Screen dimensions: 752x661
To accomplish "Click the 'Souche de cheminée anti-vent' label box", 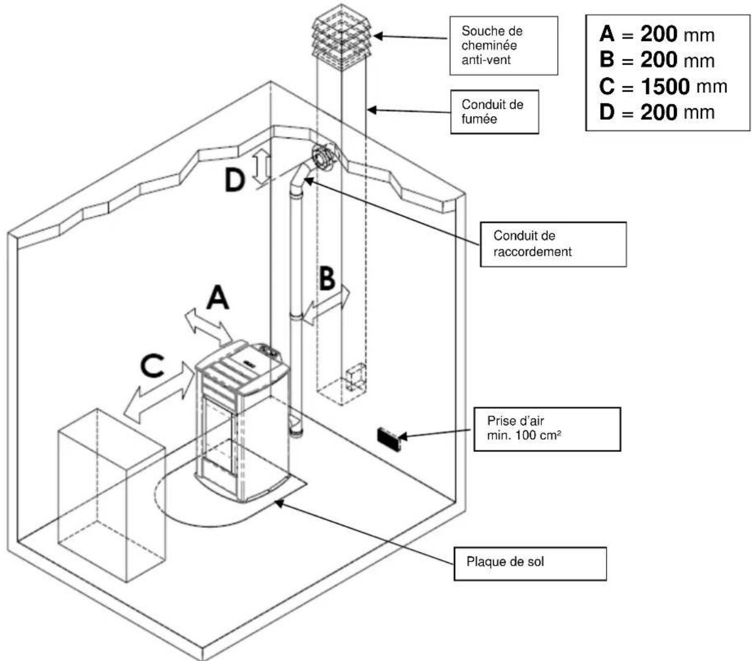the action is pos(503,45).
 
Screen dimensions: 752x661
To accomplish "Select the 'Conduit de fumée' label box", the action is pos(494,111).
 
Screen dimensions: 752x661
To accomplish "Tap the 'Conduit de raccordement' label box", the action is pos(553,244).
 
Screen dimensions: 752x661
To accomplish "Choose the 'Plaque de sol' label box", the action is pos(530,563).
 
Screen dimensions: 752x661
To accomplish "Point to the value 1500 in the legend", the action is pos(665,86).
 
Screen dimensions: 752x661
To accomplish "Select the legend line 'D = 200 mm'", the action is pos(657,112).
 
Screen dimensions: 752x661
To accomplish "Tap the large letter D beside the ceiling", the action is pos(235,180).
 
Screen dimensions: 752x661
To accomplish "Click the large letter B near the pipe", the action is pos(327,278).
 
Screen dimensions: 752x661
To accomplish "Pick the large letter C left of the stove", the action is pos(152,365).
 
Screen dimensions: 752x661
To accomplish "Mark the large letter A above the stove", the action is pos(217,297).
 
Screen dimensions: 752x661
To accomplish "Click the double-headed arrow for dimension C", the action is pos(159,393).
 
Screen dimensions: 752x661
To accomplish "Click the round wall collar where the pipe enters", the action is pos(324,157).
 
